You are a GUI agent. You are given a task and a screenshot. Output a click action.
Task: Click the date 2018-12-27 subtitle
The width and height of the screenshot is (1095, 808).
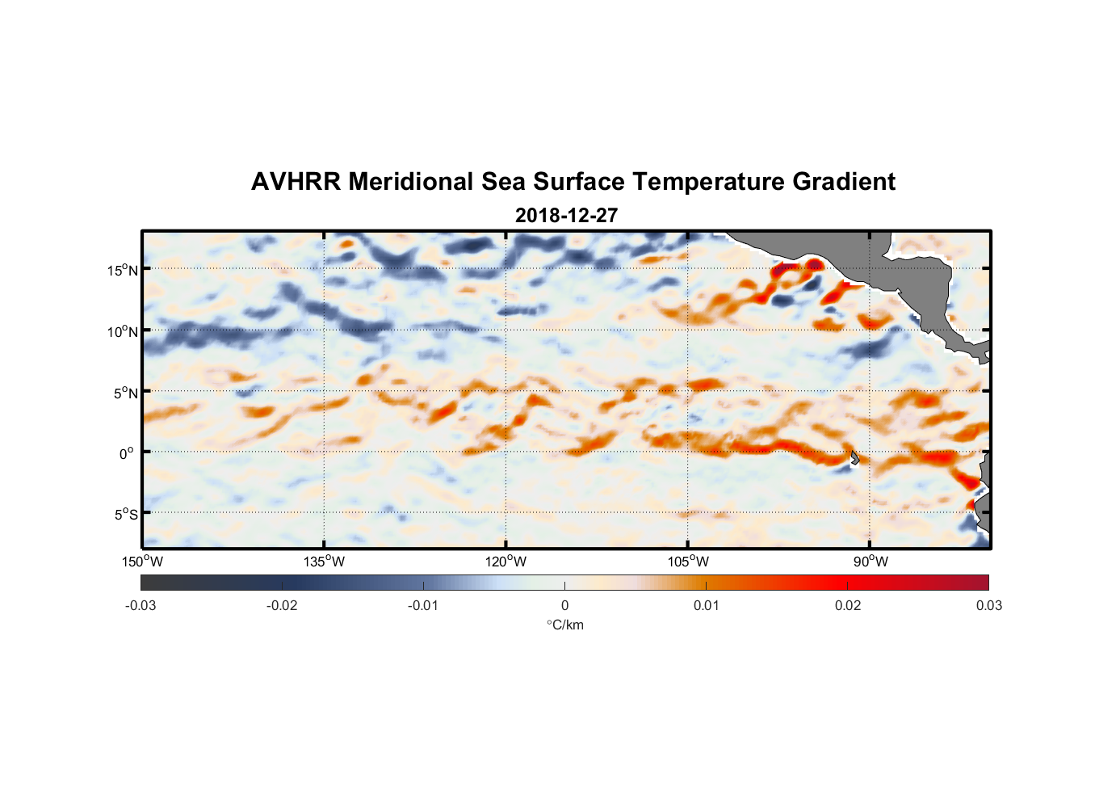tap(566, 216)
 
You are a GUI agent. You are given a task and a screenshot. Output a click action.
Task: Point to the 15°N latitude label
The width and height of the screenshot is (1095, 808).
tap(123, 270)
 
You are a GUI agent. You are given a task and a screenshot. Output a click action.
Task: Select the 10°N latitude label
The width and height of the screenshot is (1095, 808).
tap(123, 331)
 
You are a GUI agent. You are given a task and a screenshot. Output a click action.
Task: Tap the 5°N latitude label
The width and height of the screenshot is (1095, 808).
tap(125, 393)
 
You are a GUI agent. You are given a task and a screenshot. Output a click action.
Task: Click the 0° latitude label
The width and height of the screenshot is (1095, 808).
tap(127, 454)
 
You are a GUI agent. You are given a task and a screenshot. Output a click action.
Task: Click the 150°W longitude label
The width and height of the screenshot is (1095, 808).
tap(142, 562)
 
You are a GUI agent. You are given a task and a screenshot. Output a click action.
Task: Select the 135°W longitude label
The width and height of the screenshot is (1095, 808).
tap(324, 562)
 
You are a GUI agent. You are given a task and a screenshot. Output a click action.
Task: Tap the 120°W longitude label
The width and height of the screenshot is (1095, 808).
tap(506, 562)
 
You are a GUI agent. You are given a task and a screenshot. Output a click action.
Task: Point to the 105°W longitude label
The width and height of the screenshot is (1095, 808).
tap(688, 562)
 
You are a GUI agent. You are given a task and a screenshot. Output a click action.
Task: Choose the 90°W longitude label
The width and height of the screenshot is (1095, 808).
tap(871, 562)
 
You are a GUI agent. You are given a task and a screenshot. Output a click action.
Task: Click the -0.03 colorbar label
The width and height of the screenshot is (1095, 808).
tap(141, 605)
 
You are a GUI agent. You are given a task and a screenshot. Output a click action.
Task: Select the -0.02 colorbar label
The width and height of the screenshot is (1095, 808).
tap(282, 605)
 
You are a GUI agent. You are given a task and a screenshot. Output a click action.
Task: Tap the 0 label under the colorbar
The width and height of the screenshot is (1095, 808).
tap(564, 605)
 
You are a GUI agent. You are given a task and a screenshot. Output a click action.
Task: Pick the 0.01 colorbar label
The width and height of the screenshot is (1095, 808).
tap(706, 605)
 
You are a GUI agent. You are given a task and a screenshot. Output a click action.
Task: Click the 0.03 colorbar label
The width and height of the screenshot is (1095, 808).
tap(988, 605)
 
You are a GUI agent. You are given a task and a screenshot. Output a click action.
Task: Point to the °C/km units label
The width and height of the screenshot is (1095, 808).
tap(564, 625)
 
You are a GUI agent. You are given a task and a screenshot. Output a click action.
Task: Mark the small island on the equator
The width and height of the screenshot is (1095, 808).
tap(854, 457)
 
